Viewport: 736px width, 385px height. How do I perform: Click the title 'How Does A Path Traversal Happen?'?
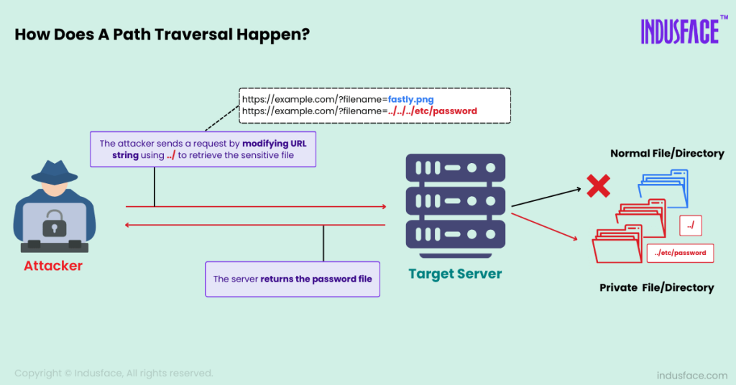coord(162,35)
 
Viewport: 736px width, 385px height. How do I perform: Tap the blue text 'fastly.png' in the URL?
coord(410,99)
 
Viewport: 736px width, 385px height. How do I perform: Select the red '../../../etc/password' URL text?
coord(432,111)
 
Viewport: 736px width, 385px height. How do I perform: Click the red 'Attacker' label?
coord(53,266)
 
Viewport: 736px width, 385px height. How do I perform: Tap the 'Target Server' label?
coord(455,274)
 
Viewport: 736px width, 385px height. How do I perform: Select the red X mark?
coord(598,186)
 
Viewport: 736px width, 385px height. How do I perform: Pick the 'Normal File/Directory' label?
coord(667,153)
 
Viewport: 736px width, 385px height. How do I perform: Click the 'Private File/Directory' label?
coord(656,287)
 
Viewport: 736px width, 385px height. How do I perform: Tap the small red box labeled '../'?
coord(690,226)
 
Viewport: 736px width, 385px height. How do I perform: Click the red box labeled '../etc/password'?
coord(680,253)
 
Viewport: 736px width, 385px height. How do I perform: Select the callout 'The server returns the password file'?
coord(293,279)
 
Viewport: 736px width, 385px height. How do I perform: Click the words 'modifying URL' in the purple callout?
coord(274,144)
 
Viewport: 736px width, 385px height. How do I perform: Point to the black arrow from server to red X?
coord(546,199)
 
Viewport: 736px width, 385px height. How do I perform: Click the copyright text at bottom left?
coord(114,373)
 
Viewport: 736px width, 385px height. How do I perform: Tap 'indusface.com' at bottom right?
coord(692,375)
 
